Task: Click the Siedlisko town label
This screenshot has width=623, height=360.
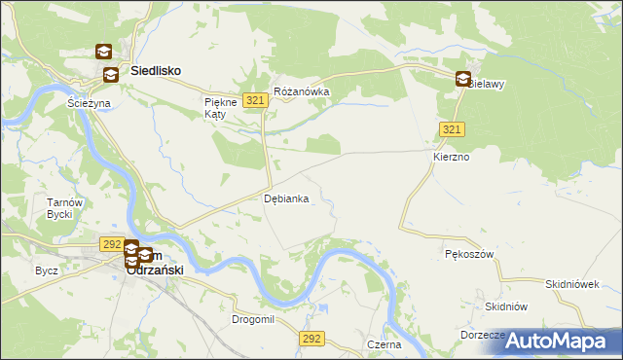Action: pos(156,71)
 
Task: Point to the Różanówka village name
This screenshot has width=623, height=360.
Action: pos(302,92)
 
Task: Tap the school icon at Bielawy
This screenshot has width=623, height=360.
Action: pos(463,80)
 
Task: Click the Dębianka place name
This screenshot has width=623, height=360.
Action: pos(286,198)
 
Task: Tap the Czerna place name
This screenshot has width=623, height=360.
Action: pos(385,344)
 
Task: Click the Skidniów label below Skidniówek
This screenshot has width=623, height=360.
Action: pos(506,306)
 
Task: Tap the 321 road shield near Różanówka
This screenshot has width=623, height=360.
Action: pos(256,100)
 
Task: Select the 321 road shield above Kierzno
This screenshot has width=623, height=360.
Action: pos(451,129)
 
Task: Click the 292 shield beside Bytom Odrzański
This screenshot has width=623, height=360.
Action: pos(110,244)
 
